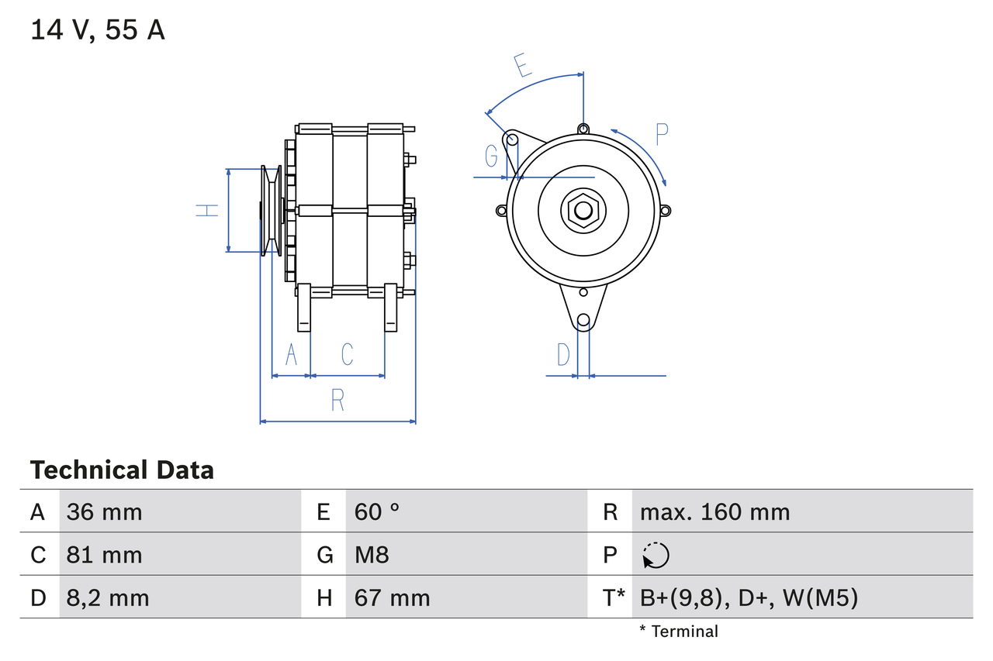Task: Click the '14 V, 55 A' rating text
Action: [98, 30]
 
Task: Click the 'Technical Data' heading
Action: [122, 470]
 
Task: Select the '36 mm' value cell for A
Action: [104, 511]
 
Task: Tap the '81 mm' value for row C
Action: [104, 555]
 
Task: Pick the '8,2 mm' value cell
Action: [108, 597]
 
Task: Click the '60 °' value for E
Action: [377, 511]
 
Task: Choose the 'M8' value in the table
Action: [372, 555]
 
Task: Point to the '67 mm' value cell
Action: [392, 597]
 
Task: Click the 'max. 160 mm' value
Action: [714, 511]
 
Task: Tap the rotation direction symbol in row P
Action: [656, 555]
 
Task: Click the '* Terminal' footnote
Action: [679, 632]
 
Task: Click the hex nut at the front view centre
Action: [583, 210]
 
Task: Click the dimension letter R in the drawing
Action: [337, 400]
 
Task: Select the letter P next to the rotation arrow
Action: [661, 135]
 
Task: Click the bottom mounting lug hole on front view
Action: [583, 320]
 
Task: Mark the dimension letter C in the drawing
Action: [347, 354]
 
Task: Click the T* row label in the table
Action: [614, 597]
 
